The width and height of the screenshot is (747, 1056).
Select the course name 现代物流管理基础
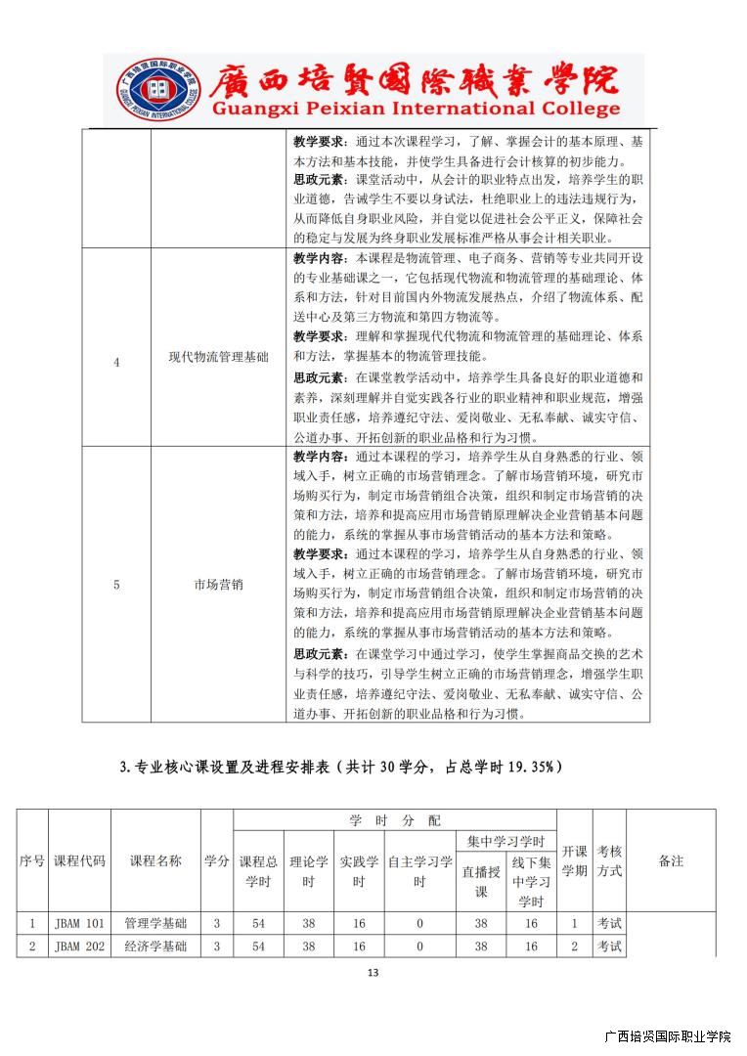218,359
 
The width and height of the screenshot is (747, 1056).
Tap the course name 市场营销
218,585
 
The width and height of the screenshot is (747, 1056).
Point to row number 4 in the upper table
116,362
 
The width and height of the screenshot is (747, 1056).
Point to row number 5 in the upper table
116,585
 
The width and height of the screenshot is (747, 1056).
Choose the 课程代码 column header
79,861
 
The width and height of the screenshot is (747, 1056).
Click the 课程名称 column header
155,861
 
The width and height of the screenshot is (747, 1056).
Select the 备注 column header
671,861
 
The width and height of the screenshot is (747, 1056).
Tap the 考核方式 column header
609,861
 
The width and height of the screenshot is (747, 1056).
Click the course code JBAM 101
79,923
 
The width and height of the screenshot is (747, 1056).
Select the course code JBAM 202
79,946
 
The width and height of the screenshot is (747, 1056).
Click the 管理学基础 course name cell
155,923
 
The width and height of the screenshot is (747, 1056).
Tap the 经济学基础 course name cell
155,946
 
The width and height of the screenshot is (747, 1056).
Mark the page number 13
373,973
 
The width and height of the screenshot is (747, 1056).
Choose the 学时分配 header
395,820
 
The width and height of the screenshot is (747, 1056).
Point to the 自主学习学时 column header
419,871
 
